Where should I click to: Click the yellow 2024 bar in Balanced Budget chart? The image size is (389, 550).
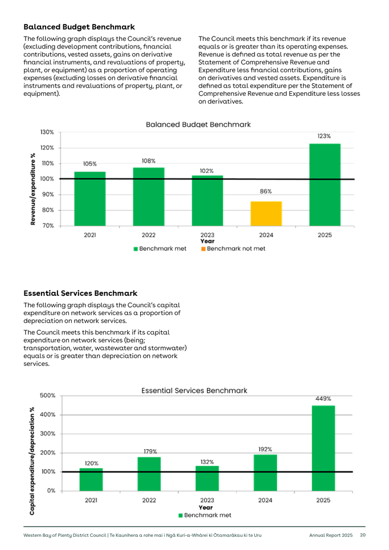266,213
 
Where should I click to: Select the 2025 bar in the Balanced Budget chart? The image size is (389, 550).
325,184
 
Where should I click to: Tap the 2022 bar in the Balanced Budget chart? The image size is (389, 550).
149,196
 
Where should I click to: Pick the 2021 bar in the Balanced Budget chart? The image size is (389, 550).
89,198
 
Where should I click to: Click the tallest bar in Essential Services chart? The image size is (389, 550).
324,447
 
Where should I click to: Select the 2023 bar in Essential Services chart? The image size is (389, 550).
207,478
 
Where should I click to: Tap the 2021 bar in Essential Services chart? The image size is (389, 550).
91,479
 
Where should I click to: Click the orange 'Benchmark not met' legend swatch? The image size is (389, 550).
203,249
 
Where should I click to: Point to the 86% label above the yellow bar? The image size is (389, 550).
266,192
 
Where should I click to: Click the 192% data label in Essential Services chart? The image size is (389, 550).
265,449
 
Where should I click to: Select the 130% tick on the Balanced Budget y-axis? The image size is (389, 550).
47,132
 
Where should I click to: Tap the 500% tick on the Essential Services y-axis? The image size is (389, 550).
48,395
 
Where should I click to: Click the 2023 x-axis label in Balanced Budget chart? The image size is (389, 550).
207,235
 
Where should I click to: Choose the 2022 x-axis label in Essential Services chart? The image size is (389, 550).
149,500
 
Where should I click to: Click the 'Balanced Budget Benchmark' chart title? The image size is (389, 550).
198,124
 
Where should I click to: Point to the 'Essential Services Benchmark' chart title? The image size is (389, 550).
194,390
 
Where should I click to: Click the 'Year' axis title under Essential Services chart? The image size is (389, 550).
206,507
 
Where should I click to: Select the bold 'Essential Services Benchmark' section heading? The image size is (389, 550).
80,294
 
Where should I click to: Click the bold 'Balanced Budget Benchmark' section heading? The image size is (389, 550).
79,27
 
